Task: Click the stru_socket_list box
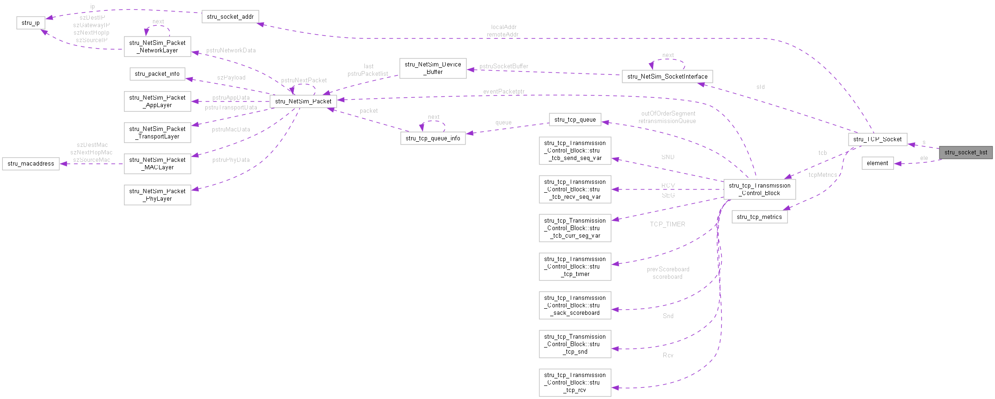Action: pyautogui.click(x=966, y=152)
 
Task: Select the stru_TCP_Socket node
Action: pyautogui.click(x=877, y=139)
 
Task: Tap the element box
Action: pyautogui.click(x=877, y=163)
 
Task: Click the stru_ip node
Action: pyautogui.click(x=31, y=23)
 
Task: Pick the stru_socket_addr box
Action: pyautogui.click(x=230, y=17)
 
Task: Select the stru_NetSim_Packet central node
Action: pyautogui.click(x=303, y=102)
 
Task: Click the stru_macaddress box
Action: pyautogui.click(x=31, y=164)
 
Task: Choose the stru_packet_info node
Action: pyautogui.click(x=157, y=74)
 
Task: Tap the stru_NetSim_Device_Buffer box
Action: pyautogui.click(x=433, y=68)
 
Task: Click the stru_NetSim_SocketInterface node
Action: pyautogui.click(x=667, y=77)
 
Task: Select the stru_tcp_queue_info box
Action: pyautogui.click(x=433, y=138)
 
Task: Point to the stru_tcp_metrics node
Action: pyautogui.click(x=759, y=217)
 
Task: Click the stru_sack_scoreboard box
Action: pyautogui.click(x=574, y=305)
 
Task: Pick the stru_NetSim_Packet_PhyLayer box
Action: pyautogui.click(x=157, y=195)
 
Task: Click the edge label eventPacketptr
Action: pyautogui.click(x=503, y=92)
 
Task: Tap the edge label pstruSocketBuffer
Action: pyautogui.click(x=503, y=66)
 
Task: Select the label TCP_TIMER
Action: pyautogui.click(x=667, y=225)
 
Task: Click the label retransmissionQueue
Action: pyautogui.click(x=667, y=121)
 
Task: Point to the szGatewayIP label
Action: pyautogui.click(x=91, y=25)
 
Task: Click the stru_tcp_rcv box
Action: pyautogui.click(x=574, y=383)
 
